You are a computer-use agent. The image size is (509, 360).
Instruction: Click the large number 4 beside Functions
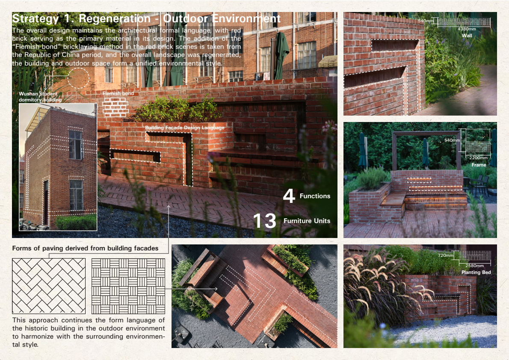(x=289, y=196)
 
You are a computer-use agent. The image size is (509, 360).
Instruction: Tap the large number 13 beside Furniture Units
(x=265, y=221)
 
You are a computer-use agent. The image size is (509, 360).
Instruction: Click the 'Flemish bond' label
(x=118, y=94)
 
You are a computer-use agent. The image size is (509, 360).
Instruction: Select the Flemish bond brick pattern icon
(x=115, y=107)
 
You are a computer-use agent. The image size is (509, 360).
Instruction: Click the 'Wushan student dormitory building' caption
(x=40, y=97)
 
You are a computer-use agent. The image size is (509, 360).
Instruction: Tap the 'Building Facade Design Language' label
(x=185, y=128)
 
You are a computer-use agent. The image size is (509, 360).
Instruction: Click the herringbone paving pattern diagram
(x=49, y=286)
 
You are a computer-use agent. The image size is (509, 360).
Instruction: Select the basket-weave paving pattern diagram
(x=128, y=286)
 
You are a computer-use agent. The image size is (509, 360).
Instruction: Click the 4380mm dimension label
(x=467, y=29)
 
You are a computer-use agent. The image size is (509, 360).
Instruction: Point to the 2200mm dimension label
(x=479, y=158)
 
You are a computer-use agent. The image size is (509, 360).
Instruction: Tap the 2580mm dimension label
(x=475, y=265)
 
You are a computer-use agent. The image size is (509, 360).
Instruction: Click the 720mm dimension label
(x=445, y=256)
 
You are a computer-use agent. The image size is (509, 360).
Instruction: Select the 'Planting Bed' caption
(x=476, y=272)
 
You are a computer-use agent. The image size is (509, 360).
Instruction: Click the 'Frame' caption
(x=479, y=165)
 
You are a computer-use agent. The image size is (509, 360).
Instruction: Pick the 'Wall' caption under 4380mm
(x=467, y=36)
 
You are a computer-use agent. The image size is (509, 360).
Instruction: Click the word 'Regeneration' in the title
(x=115, y=18)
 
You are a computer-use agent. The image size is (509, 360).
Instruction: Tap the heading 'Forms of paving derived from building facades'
(x=86, y=248)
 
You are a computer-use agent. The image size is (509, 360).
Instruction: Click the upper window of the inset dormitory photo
(x=75, y=145)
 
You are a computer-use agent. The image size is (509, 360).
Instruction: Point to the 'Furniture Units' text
(x=307, y=221)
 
